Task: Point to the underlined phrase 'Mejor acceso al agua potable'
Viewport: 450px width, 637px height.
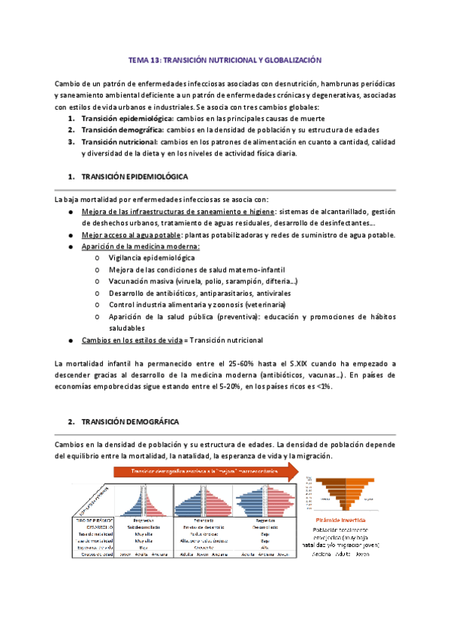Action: [x=133, y=235]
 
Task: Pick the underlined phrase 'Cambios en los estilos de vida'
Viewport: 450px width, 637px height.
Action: [x=133, y=340]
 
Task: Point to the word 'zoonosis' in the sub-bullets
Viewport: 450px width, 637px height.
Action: [x=234, y=305]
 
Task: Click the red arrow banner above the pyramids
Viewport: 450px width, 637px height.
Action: [x=204, y=471]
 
